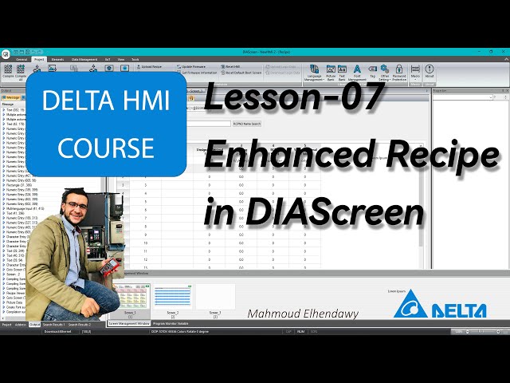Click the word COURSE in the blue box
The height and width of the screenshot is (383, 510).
[x=106, y=148]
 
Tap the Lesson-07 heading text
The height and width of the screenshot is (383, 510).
[x=295, y=100]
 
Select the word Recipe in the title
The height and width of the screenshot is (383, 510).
[x=433, y=157]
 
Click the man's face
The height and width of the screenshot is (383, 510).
[x=76, y=210]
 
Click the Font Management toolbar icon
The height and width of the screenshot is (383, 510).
[x=356, y=72]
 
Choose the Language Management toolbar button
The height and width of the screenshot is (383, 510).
[x=314, y=72]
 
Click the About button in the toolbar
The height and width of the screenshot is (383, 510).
[x=430, y=72]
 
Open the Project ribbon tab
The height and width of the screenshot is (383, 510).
[x=39, y=59]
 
